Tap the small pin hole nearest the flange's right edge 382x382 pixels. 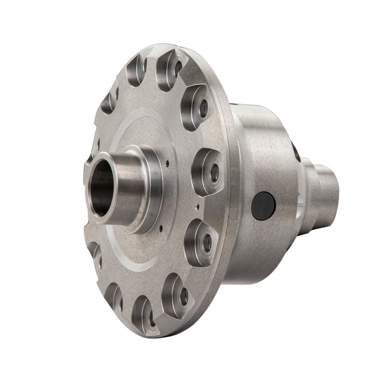(x=197, y=207)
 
